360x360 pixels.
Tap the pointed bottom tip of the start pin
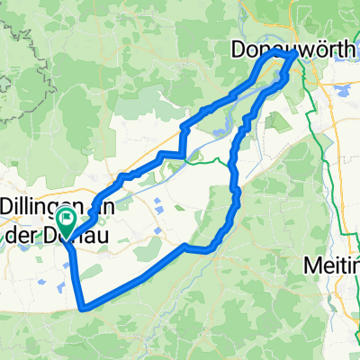tap(67, 236)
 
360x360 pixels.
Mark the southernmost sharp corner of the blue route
tap(82, 309)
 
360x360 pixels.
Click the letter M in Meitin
tap(312, 267)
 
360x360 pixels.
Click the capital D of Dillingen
tap(7, 205)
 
